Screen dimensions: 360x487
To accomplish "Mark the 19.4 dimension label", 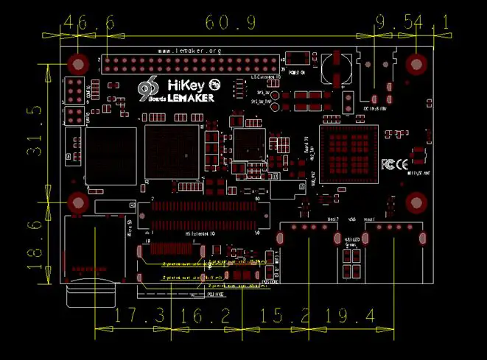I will [351, 317].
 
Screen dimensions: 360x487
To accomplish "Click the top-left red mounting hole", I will [77, 64].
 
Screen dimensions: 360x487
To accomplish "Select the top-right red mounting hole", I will [416, 64].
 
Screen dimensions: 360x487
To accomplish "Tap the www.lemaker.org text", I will [189, 51].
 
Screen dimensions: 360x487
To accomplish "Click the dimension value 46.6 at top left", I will [89, 23].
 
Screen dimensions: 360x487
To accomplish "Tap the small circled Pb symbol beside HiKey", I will [215, 85].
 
